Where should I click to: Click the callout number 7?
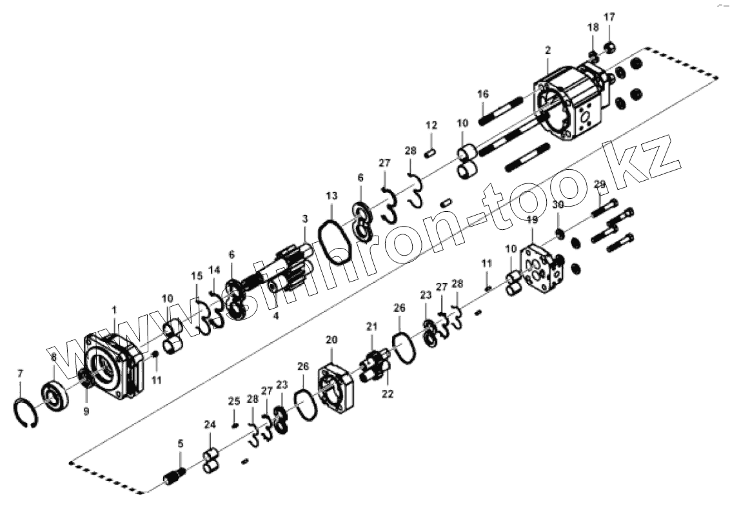pyautogui.click(x=20, y=374)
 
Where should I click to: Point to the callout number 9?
pyautogui.click(x=86, y=411)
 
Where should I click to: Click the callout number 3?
pyautogui.click(x=305, y=220)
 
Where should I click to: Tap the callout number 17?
pyautogui.click(x=609, y=17)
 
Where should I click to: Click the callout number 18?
pyautogui.click(x=593, y=27)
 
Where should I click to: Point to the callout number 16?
pyautogui.click(x=483, y=94)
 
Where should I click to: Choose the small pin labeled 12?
pyautogui.click(x=431, y=153)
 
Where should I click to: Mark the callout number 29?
pyautogui.click(x=599, y=185)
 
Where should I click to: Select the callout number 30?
pyautogui.click(x=558, y=205)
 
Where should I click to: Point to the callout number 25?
pyautogui.click(x=233, y=402)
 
